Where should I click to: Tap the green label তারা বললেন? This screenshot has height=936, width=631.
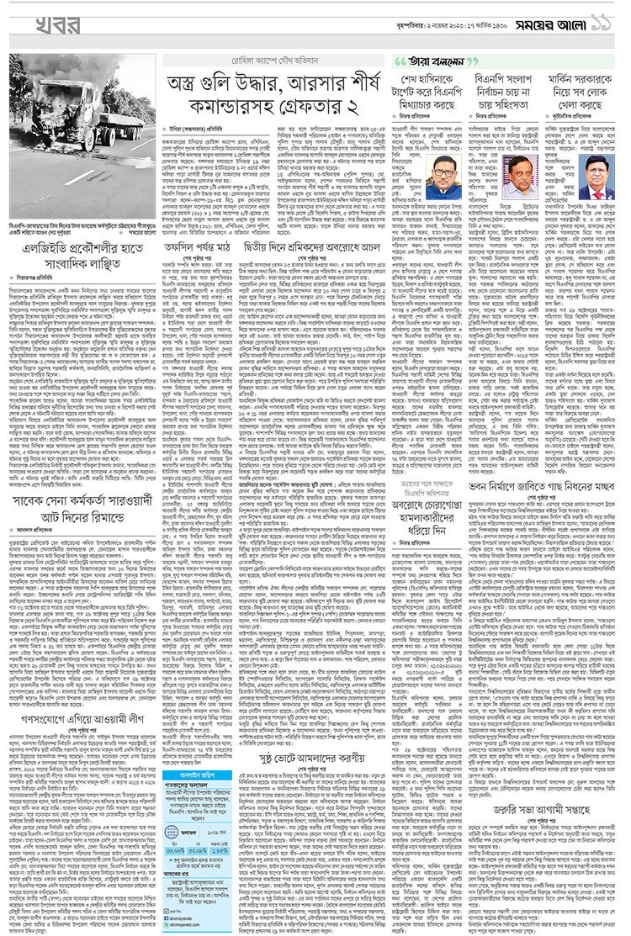(x=431, y=62)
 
